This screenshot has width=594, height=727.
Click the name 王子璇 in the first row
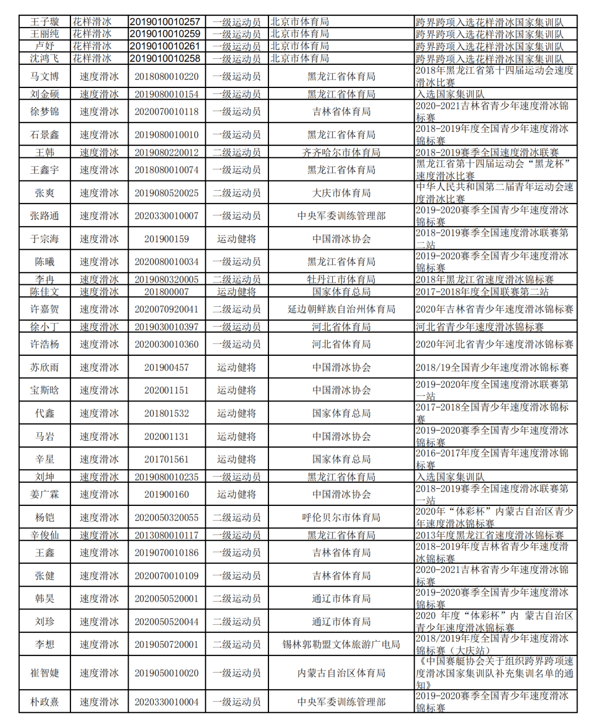(x=45, y=22)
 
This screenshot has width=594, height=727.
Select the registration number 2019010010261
(x=165, y=46)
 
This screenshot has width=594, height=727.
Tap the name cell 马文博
(x=45, y=76)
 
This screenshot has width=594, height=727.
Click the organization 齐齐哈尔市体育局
(x=341, y=152)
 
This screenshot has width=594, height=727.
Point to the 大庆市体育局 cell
(x=341, y=193)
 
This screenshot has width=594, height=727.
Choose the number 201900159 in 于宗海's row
(x=167, y=239)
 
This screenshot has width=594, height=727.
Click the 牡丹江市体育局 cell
(x=341, y=279)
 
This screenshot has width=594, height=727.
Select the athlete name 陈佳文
(x=45, y=291)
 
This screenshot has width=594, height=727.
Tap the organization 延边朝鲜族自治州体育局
(x=341, y=309)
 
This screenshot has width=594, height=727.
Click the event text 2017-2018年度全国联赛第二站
(x=482, y=291)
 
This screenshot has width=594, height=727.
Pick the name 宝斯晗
(x=45, y=390)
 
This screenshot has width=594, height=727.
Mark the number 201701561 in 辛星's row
(x=167, y=459)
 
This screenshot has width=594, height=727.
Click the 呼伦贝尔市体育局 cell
(x=341, y=517)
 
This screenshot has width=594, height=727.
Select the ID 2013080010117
(x=167, y=535)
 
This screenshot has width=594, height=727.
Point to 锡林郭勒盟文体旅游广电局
(x=341, y=645)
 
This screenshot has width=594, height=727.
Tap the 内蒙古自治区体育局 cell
(x=341, y=673)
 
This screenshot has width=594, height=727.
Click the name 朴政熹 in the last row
(x=45, y=702)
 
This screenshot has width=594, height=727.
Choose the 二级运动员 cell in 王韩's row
(x=237, y=152)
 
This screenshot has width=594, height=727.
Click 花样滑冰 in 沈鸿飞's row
(x=92, y=58)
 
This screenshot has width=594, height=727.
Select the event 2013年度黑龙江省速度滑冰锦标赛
(x=490, y=535)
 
